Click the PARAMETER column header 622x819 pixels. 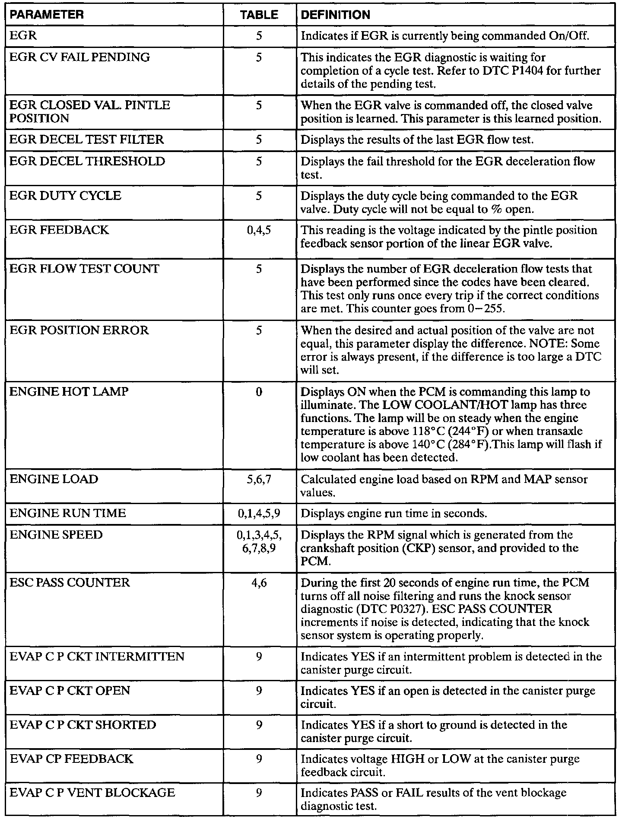point(46,15)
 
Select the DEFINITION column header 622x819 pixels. point(335,15)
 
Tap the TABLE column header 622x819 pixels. point(259,15)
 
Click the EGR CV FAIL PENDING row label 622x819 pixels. point(79,57)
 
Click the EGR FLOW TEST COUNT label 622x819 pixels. point(85,269)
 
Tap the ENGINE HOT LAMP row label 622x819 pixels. point(69,392)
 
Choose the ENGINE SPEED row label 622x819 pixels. point(56,535)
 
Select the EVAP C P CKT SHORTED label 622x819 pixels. point(83,725)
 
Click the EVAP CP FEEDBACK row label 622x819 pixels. point(71,759)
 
